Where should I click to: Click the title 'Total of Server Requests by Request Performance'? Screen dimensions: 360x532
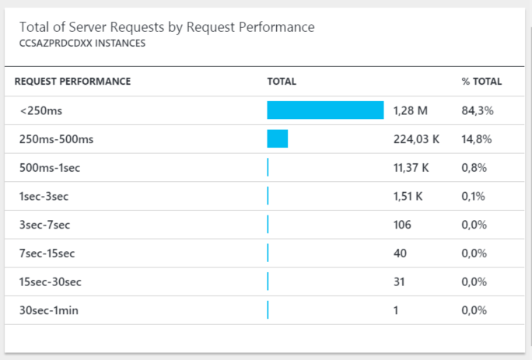tap(166, 27)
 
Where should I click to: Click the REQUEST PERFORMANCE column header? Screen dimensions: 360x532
tap(72, 81)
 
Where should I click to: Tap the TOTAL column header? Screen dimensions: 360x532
tap(282, 81)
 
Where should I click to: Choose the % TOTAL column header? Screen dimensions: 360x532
tap(481, 81)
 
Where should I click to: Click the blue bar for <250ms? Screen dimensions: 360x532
tap(325, 110)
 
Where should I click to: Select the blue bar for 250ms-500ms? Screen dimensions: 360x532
tap(277, 138)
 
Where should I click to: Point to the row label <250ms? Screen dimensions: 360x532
tap(41, 110)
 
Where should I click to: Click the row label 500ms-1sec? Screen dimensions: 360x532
tap(48, 167)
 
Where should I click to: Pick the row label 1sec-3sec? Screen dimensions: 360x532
tap(44, 196)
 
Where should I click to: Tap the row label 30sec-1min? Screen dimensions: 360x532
tap(49, 310)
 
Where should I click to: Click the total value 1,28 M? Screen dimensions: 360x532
tap(411, 110)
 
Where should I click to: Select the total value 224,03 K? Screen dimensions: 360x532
tap(417, 139)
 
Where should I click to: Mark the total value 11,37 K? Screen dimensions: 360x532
tap(412, 167)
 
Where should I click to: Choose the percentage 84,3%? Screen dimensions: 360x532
tap(478, 110)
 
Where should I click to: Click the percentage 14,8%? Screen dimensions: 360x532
tap(478, 139)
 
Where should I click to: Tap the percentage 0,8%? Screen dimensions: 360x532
tap(474, 167)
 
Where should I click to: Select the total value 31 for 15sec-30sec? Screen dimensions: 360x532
tap(399, 281)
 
